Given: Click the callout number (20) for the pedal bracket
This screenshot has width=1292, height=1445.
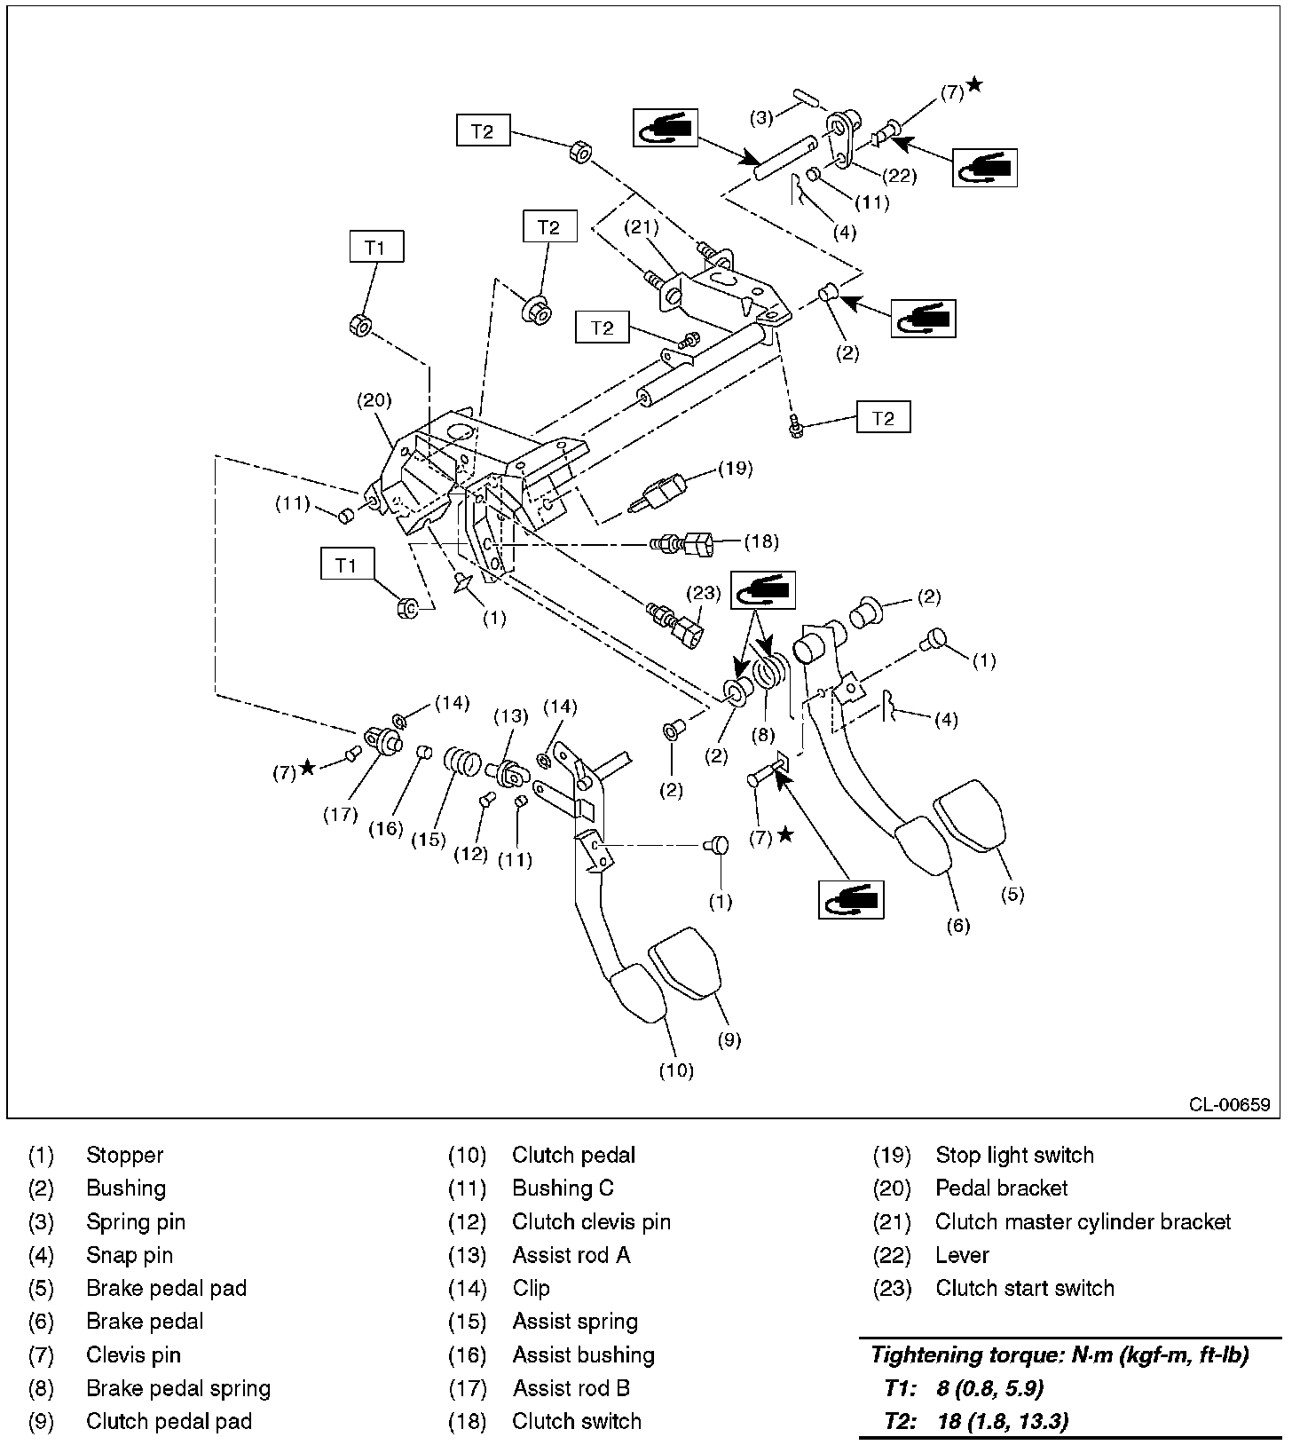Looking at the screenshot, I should click(374, 399).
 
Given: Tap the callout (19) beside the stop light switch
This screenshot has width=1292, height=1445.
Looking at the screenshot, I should click(736, 468).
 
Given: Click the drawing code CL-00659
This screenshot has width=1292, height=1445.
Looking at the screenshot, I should click(1230, 1104).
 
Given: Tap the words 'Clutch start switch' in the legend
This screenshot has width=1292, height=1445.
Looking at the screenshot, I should click(1024, 1288).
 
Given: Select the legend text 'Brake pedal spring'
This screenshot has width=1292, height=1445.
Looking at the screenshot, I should click(178, 1388).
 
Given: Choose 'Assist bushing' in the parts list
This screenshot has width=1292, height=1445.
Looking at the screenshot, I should click(583, 1354).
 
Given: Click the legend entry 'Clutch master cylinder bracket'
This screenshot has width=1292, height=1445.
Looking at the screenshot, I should click(1083, 1221).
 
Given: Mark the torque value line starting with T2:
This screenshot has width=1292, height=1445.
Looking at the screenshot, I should click(976, 1421).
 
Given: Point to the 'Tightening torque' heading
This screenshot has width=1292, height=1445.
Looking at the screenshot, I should click(1060, 1354).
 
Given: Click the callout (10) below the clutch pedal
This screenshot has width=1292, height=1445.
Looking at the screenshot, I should click(676, 1070).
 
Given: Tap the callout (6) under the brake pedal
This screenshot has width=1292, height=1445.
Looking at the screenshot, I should click(957, 926).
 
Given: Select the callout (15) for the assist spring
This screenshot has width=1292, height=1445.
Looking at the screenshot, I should click(428, 839).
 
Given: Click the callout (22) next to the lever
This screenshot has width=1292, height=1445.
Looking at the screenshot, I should click(900, 175).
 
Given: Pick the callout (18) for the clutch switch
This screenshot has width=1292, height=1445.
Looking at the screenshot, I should click(760, 541).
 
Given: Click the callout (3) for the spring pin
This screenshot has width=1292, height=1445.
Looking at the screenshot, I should click(762, 116).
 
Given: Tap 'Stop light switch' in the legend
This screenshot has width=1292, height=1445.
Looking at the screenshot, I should click(1014, 1155).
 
